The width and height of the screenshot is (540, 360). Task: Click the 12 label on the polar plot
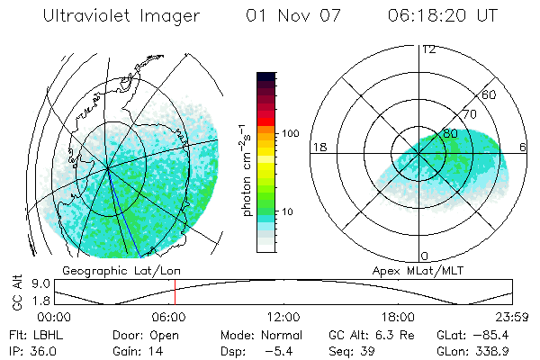pos(428,49)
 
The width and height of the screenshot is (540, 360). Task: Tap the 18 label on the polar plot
pos(319,147)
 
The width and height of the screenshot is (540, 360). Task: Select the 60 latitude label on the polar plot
pos(490,94)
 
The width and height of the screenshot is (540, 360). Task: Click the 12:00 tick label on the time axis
pos(283,317)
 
